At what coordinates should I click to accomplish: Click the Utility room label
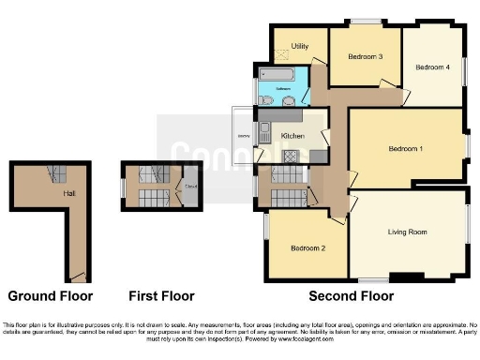tap(300, 45)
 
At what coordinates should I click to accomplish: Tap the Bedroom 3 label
tap(366, 57)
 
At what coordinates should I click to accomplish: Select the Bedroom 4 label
tap(432, 67)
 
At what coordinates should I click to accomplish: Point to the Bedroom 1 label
tap(406, 149)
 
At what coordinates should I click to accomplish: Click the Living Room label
tap(408, 231)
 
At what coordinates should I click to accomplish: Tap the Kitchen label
tap(293, 137)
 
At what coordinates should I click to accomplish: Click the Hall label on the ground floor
tap(68, 193)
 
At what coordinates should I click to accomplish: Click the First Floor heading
tap(160, 296)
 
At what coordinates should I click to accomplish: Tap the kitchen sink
tap(265, 132)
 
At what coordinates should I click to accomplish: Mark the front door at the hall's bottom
tap(80, 278)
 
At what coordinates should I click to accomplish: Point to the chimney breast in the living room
tap(406, 276)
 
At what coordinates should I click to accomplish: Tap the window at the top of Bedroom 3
tap(367, 22)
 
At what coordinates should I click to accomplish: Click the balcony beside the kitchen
tap(244, 137)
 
